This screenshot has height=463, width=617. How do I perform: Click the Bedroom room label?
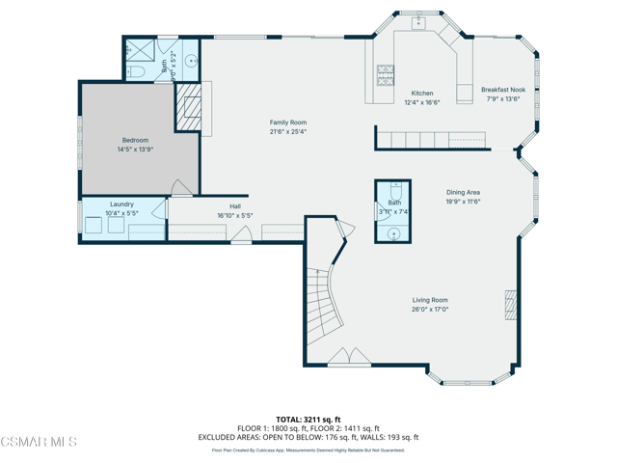pyautogui.click(x=135, y=141)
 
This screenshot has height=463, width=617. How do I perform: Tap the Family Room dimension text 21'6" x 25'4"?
pyautogui.click(x=288, y=132)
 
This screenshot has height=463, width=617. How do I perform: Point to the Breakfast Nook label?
pyautogui.click(x=502, y=90)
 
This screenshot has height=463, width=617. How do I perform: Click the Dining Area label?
pyautogui.click(x=463, y=193)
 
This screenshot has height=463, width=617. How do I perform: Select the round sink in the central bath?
pyautogui.click(x=393, y=232)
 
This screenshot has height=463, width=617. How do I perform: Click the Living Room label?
pyautogui.click(x=430, y=301)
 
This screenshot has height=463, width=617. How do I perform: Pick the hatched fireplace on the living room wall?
pyautogui.click(x=510, y=306)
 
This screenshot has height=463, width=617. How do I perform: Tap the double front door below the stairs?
pyautogui.click(x=348, y=358)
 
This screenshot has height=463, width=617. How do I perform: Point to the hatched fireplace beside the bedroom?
pyautogui.click(x=188, y=106)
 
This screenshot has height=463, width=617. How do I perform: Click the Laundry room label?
pyautogui.click(x=121, y=204)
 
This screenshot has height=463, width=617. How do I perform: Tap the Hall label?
pyautogui.click(x=235, y=206)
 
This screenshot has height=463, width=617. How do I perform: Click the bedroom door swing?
pyautogui.click(x=181, y=187)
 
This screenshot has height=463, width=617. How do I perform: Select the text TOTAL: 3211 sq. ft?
pyautogui.click(x=308, y=420)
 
